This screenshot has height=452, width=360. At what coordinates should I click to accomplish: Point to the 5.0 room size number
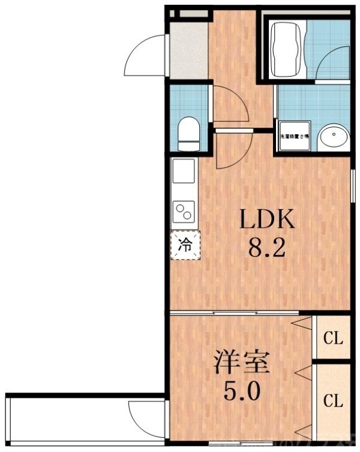[x=242, y=393]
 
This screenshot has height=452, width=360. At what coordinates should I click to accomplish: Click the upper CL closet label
[x=333, y=338]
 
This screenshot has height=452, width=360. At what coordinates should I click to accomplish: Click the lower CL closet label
[x=333, y=400]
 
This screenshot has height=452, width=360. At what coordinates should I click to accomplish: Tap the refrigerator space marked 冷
[x=186, y=245]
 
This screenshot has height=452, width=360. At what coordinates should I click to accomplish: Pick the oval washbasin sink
[x=333, y=137]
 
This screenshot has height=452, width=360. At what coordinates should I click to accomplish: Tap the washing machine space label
[x=293, y=137]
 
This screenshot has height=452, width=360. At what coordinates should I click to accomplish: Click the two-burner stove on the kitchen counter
[x=185, y=212]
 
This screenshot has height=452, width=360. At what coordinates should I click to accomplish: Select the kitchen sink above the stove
[x=184, y=174]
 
